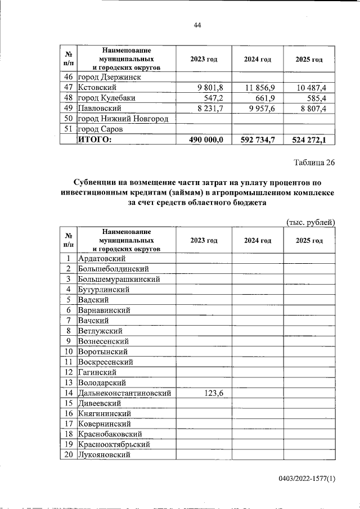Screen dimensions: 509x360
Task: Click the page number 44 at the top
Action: (x=197, y=25)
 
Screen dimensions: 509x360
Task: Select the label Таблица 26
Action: (x=314, y=163)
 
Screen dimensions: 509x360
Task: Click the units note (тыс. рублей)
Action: (x=310, y=222)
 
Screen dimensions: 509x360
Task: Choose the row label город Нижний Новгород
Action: (x=123, y=119)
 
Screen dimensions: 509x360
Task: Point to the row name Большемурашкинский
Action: (x=119, y=279)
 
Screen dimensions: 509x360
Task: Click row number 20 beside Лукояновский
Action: (x=68, y=454)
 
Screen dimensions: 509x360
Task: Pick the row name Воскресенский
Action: (x=105, y=362)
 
